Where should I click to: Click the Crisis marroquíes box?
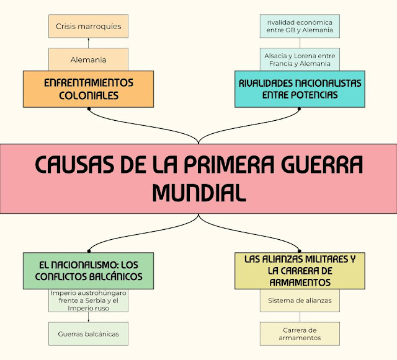pyautogui.click(x=88, y=27)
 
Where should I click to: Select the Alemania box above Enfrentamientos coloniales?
pyautogui.click(x=88, y=60)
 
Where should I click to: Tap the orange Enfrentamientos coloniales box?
pyautogui.click(x=88, y=89)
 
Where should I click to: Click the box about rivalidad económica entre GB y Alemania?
pyautogui.click(x=300, y=25)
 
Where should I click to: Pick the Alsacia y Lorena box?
pyautogui.click(x=300, y=59)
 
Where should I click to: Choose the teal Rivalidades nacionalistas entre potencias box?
pyautogui.click(x=300, y=89)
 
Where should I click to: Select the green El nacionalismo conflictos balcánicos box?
pyautogui.click(x=88, y=271)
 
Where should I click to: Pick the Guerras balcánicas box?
pyautogui.click(x=88, y=334)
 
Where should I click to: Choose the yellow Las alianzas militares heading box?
pyautogui.click(x=300, y=271)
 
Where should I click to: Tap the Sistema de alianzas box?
pyautogui.click(x=300, y=301)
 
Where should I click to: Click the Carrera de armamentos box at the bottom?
pyautogui.click(x=300, y=334)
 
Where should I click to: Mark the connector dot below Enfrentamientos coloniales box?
pyautogui.click(x=89, y=109)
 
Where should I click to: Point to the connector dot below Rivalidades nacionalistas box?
pyautogui.click(x=300, y=109)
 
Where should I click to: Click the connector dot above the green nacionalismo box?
pyautogui.click(x=89, y=250)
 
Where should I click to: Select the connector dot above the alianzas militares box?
pyautogui.click(x=300, y=250)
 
